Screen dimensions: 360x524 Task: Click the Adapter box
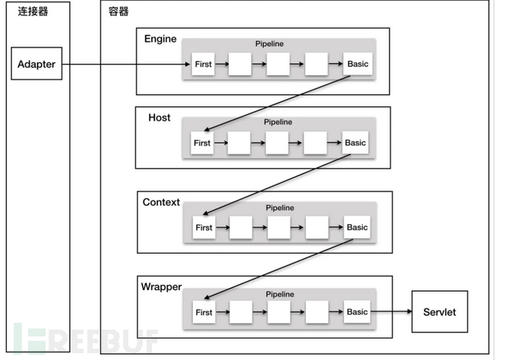pyautogui.click(x=36, y=65)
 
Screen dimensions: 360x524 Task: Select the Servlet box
pyautogui.click(x=440, y=311)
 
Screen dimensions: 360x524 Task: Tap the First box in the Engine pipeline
pyautogui.click(x=203, y=65)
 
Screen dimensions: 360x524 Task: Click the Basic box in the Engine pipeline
pyautogui.click(x=357, y=65)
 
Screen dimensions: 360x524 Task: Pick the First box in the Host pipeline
pyautogui.click(x=202, y=143)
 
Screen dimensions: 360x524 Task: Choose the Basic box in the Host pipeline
pyautogui.click(x=355, y=143)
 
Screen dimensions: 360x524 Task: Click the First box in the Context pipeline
pyautogui.click(x=204, y=227)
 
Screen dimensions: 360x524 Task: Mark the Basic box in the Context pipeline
pyautogui.click(x=357, y=227)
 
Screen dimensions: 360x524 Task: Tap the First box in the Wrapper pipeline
pyautogui.click(x=204, y=312)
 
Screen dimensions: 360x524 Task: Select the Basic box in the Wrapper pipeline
pyautogui.click(x=357, y=312)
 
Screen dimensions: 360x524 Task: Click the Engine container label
pyautogui.click(x=159, y=38)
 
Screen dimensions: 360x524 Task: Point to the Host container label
pyautogui.click(x=159, y=118)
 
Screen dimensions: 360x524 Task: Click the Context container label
pyautogui.click(x=161, y=202)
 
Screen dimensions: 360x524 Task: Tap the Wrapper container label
pyautogui.click(x=161, y=286)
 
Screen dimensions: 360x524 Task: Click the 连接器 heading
pyautogui.click(x=33, y=11)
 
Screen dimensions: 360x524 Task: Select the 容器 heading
pyautogui.click(x=118, y=11)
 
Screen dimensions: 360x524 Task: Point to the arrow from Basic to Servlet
pyautogui.click(x=391, y=312)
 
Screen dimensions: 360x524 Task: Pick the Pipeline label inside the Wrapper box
pyautogui.click(x=281, y=292)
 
